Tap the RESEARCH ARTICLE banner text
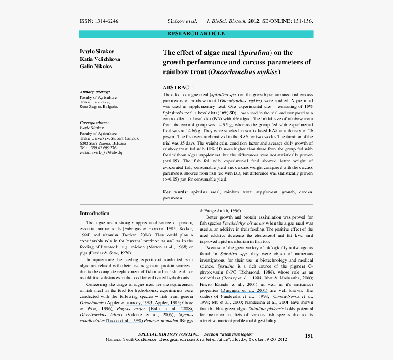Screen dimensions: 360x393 pos(196,33)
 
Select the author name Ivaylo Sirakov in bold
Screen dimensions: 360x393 pos(97,52)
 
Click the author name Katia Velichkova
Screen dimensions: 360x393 pos(100,59)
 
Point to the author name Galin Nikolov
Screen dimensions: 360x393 pos(96,66)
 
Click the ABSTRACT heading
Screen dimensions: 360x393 pos(178,87)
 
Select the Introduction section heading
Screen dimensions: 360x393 pos(95,213)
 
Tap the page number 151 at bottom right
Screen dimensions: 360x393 pos(309,336)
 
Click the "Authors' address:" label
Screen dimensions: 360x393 pos(95,92)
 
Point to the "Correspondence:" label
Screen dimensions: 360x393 pos(94,123)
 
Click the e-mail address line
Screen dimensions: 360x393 pos(101,152)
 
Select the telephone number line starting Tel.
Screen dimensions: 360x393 pos(98,148)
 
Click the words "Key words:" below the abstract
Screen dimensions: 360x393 pos(175,193)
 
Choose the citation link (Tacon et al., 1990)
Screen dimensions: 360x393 pos(124,321)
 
